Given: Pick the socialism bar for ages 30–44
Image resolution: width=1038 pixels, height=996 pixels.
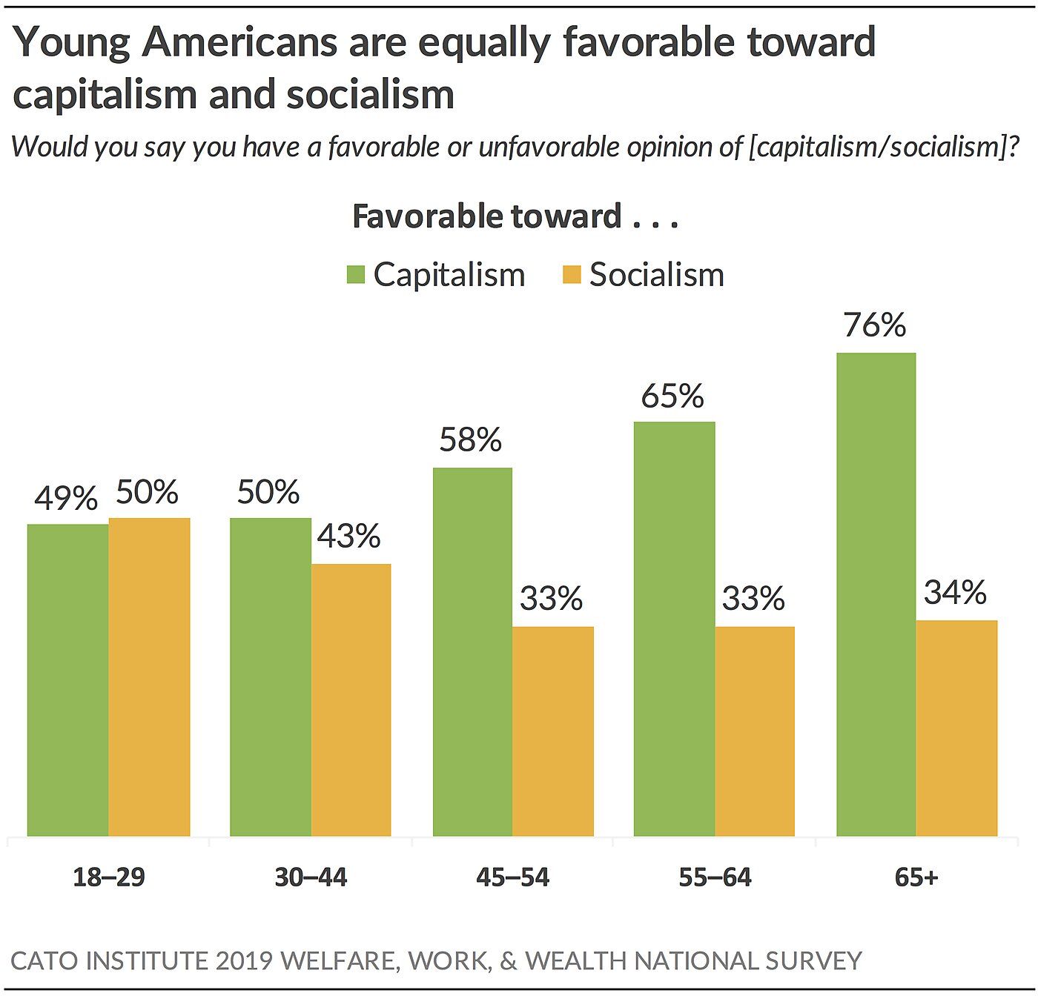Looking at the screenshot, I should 351,700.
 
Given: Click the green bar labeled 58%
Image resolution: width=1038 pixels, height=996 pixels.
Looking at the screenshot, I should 472,651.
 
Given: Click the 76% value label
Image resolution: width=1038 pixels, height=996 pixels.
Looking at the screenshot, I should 875,325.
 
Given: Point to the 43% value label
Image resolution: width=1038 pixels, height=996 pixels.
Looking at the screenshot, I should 348,536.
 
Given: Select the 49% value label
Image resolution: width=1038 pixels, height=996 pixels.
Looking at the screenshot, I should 66,498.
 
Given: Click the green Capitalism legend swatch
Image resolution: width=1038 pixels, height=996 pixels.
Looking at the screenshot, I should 356,275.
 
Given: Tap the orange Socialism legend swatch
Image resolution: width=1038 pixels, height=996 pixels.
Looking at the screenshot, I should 572,275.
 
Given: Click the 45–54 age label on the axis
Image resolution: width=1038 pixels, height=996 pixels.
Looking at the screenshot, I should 512,877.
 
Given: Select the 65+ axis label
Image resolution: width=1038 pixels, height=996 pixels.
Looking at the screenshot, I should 916,877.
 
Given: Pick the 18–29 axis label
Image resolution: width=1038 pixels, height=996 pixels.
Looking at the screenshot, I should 108,877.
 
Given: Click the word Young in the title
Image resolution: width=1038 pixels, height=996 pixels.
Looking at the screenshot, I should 72,43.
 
